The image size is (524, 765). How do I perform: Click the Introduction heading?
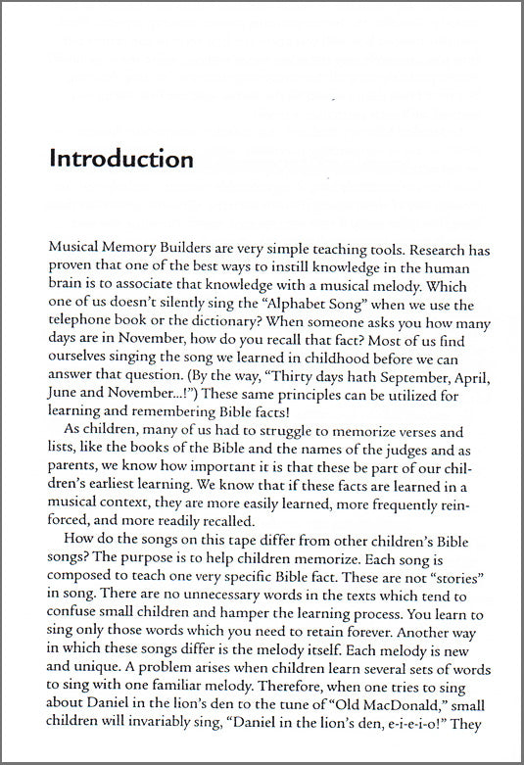[x=122, y=159]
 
